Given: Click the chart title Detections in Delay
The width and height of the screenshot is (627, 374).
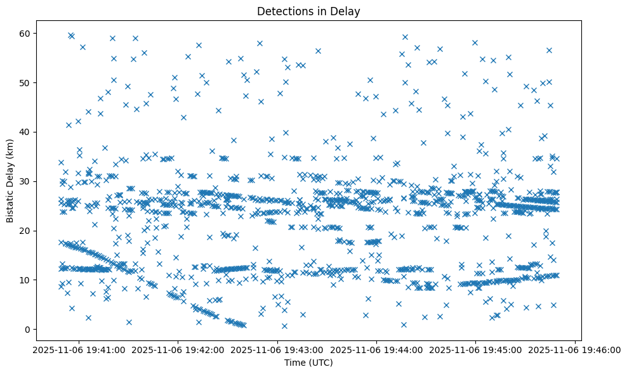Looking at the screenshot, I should (308, 11).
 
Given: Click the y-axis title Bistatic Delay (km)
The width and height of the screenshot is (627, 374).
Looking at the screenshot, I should (10, 181).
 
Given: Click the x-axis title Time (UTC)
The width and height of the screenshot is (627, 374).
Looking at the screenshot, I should (308, 363).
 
